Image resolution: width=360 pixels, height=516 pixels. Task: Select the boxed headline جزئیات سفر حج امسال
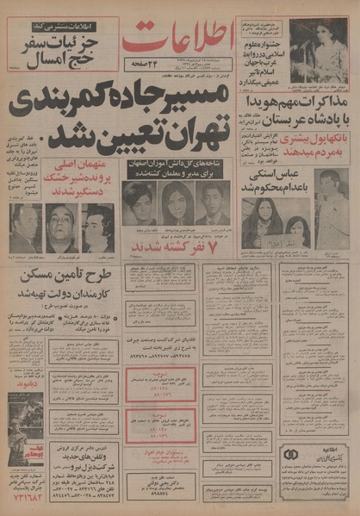[57, 43]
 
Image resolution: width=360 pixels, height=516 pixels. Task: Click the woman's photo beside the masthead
[318, 51]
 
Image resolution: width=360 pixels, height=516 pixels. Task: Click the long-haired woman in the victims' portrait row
[175, 206]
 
